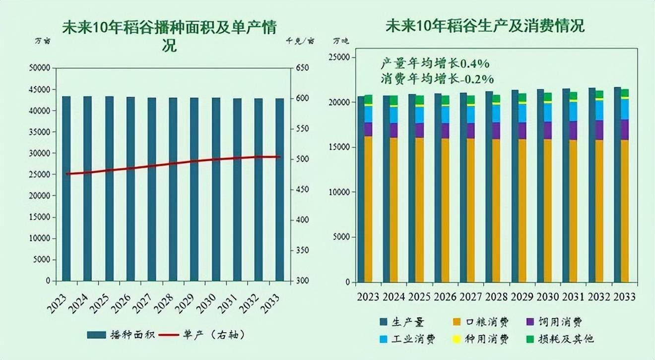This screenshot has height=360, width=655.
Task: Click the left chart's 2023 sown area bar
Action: (66, 188)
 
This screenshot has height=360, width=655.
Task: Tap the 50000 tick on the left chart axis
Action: (40, 68)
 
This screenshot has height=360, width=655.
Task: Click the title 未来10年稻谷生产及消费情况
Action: (485, 26)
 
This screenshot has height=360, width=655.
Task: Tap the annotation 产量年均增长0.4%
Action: (435, 63)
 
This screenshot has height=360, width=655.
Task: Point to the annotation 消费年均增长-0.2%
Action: (437, 78)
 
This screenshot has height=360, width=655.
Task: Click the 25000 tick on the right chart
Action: (340, 58)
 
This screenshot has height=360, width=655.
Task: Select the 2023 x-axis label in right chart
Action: (368, 297)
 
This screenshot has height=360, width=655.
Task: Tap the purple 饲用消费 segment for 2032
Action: (599, 130)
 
